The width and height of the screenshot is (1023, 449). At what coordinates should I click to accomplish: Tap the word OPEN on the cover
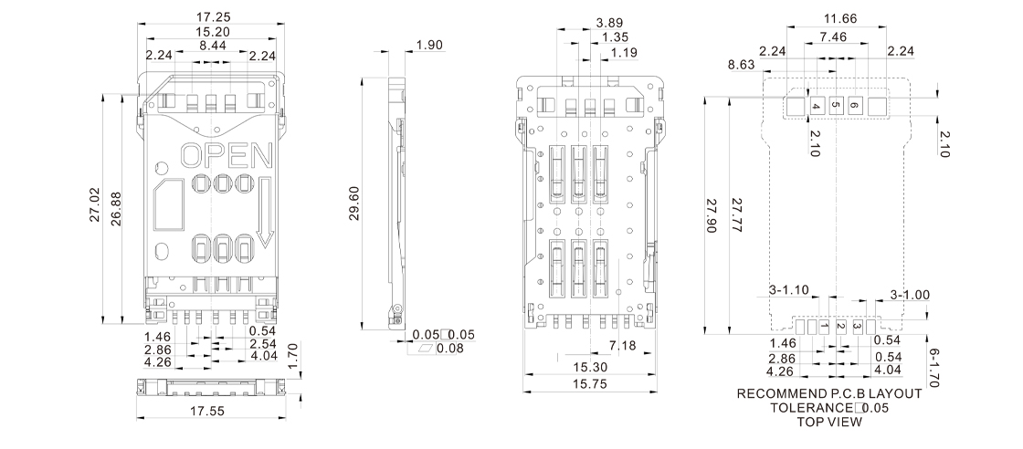pos(227,156)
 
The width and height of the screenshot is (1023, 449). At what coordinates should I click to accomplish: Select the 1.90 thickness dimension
pos(429,45)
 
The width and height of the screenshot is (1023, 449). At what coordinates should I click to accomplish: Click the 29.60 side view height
pos(354,204)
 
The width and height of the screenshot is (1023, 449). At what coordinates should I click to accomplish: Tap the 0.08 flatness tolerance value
pos(450,349)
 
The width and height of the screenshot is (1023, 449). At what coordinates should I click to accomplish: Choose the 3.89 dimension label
pos(610,23)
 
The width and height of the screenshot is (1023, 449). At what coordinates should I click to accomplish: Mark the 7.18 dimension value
pos(622,345)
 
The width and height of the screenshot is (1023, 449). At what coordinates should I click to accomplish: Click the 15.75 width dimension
pos(590,384)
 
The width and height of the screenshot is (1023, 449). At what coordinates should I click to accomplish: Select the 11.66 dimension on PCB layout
pos(840,18)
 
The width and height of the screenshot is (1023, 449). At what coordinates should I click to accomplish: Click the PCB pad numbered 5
pos(836,106)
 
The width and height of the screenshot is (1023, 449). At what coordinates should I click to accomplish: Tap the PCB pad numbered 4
pos(817,106)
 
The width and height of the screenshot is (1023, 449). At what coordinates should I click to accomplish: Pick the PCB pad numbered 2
pos(840,327)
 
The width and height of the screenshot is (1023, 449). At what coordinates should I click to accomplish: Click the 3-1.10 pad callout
pos(789,290)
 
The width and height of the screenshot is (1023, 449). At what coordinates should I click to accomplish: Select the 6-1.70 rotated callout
pos(933,368)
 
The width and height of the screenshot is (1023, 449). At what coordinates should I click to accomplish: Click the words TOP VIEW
pos(829,422)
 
